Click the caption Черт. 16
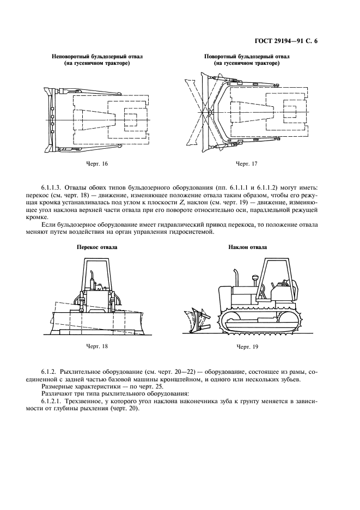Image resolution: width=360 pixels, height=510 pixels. tap(97, 163)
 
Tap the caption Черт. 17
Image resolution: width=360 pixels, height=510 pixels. tap(246, 163)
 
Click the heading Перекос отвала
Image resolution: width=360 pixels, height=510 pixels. tap(97, 247)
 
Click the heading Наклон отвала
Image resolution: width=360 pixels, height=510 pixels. tap(247, 247)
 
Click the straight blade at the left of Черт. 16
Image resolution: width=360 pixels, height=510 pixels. tap(49, 117)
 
